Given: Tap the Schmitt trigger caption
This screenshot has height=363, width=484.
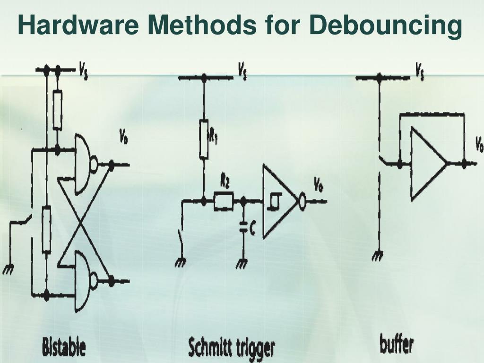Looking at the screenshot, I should tap(231, 347).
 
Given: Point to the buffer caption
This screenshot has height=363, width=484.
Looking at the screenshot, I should tap(396, 344).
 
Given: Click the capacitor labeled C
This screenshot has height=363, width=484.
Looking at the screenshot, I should tap(244, 229).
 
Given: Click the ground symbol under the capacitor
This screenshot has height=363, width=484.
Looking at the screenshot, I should tap(242, 264).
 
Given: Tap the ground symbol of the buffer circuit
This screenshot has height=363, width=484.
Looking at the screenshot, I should tap(377, 257).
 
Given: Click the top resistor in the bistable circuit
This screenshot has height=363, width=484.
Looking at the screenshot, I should tap(57, 111).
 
